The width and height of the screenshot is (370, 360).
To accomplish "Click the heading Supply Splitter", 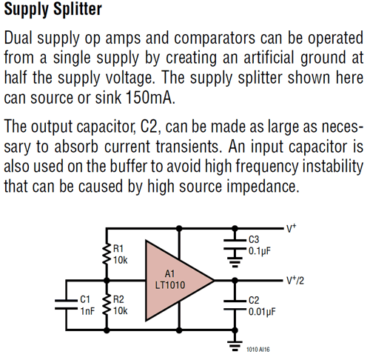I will point(53,11).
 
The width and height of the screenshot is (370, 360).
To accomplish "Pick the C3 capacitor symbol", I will point(235,244).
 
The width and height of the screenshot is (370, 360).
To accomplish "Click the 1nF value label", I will point(87,312).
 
